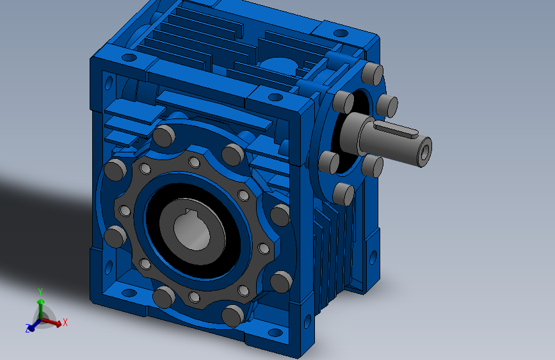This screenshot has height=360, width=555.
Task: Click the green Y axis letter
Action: pyautogui.click(x=40, y=292)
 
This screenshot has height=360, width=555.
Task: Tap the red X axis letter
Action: pyautogui.click(x=65, y=322)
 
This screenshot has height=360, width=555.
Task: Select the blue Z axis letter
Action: pyautogui.click(x=28, y=329)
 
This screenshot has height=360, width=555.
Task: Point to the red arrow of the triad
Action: pyautogui.click(x=51, y=322)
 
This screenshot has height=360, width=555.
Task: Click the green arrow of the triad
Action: pyautogui.click(x=41, y=309)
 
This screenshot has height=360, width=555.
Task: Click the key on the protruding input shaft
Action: pyautogui.click(x=396, y=129)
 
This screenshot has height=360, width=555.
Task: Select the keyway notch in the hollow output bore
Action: pyautogui.click(x=192, y=213)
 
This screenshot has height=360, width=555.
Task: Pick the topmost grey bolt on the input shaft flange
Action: pyautogui.click(x=373, y=74)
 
